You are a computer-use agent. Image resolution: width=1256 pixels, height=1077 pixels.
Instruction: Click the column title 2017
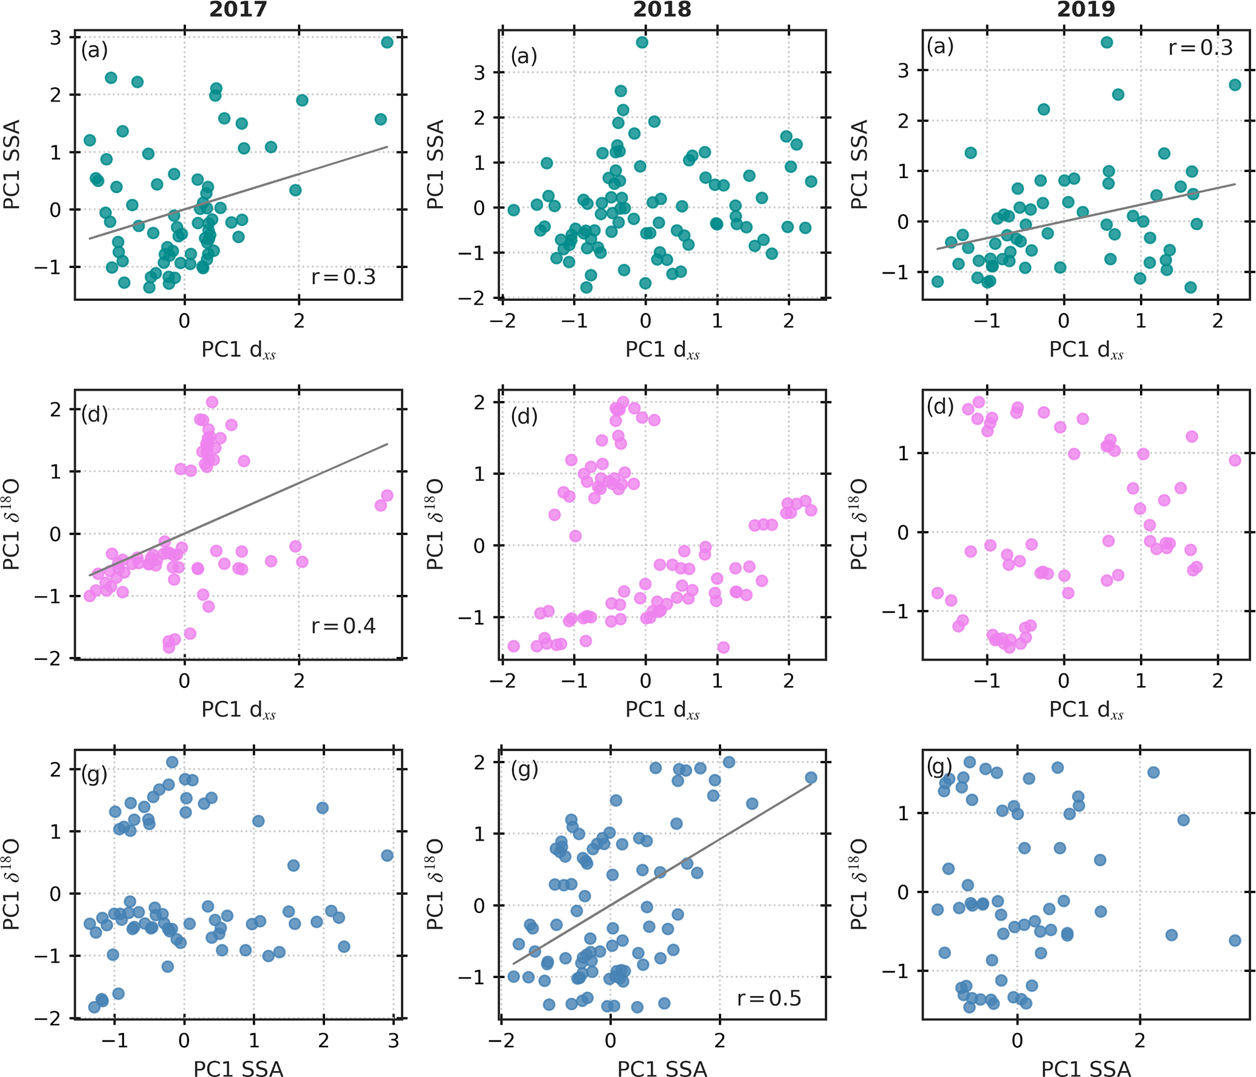238,10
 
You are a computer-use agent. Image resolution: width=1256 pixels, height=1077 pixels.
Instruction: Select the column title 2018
662,10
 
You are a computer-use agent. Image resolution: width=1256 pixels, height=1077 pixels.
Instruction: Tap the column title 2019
1086,10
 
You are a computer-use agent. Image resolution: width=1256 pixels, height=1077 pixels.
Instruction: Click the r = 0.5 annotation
769,998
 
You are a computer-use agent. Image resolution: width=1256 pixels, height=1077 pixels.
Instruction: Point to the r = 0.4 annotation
343,626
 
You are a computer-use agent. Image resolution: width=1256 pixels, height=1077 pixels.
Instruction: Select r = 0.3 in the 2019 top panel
1200,48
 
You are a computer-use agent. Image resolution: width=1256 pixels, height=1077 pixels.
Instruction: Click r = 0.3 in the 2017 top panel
343,277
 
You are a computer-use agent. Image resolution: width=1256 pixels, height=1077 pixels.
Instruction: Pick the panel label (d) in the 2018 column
524,416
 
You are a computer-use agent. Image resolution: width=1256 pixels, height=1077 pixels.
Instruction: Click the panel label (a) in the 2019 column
940,46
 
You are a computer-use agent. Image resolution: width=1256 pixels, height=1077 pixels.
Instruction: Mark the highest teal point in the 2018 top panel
642,42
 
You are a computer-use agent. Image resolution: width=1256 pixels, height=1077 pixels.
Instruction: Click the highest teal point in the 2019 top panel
1107,42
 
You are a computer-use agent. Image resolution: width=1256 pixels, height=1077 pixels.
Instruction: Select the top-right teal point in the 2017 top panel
387,42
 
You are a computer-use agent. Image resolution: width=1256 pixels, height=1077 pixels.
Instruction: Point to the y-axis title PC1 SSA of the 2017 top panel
12,164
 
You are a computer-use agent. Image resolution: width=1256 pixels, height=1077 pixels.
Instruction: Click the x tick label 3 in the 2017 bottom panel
393,1040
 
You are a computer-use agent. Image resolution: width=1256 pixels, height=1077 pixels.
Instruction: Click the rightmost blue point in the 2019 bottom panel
1235,940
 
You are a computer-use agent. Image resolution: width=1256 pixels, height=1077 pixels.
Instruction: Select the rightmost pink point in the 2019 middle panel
1235,460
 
